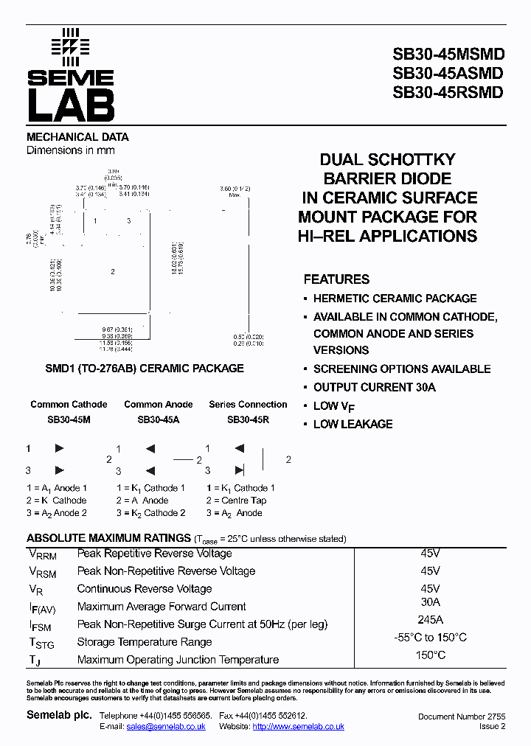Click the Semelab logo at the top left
[71, 75]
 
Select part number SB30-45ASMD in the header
[448, 73]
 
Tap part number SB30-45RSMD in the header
[448, 92]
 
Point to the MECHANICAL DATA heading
[77, 137]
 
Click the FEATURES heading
[336, 279]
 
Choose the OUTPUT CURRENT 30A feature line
[374, 387]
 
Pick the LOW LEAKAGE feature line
[353, 424]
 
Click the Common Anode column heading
[159, 404]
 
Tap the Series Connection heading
[248, 404]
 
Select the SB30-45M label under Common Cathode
[69, 419]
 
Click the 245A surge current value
[430, 620]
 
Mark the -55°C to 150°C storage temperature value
[430, 638]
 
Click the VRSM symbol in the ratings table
[42, 572]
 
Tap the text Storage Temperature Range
[144, 642]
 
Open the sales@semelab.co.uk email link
[166, 726]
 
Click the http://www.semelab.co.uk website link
[298, 726]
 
